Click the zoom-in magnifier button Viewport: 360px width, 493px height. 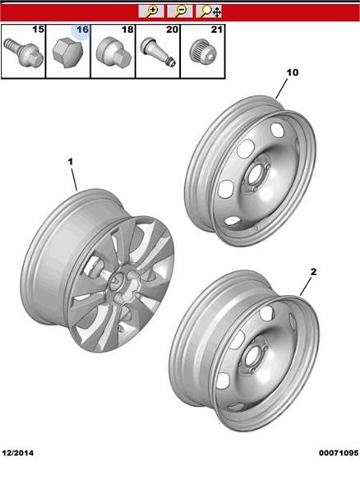(x=151, y=12)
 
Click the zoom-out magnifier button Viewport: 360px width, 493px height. (x=180, y=12)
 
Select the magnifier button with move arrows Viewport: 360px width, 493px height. (x=209, y=12)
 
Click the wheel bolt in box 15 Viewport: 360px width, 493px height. (x=23, y=53)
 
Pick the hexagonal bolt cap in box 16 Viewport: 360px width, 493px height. (x=68, y=54)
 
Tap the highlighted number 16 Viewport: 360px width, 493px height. (x=82, y=30)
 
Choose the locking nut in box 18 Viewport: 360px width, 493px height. (x=113, y=53)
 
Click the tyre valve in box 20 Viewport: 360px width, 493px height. (x=158, y=51)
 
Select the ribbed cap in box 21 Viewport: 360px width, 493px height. (x=202, y=52)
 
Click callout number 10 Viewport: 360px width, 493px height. (x=293, y=72)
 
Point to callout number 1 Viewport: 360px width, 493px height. (x=71, y=162)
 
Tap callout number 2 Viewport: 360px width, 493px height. (x=313, y=272)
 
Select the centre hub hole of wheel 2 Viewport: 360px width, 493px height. (x=252, y=357)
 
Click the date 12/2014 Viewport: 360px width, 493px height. (x=17, y=453)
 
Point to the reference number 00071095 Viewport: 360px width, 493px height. (x=339, y=453)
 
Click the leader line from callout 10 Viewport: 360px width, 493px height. (x=282, y=89)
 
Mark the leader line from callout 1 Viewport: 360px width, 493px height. (x=74, y=179)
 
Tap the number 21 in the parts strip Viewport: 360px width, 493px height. (x=217, y=30)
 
